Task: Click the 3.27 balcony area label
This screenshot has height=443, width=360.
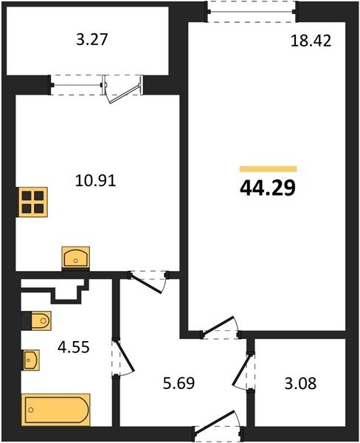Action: [92, 40]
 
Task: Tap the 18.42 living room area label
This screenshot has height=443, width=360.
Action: [311, 41]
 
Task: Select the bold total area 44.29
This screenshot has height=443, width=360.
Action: [268, 188]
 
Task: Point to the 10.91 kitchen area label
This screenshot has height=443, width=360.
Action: [96, 181]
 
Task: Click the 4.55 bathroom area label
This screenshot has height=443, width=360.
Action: [74, 347]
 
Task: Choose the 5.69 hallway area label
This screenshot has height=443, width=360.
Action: [179, 383]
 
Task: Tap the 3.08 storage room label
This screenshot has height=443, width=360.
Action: [300, 383]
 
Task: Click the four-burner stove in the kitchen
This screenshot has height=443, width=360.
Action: [32, 202]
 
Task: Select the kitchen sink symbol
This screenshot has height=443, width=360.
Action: [76, 258]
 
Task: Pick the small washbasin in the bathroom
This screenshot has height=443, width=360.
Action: [31, 360]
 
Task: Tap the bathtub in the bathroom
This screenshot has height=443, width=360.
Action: [56, 409]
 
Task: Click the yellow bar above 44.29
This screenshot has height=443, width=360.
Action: [269, 169]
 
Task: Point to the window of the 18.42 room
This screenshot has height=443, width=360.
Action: [252, 12]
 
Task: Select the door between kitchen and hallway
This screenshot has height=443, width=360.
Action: [148, 281]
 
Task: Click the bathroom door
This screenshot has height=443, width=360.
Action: [122, 357]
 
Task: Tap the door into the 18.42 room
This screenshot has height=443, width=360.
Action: [221, 328]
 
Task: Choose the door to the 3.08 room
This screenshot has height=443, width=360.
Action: [243, 371]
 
